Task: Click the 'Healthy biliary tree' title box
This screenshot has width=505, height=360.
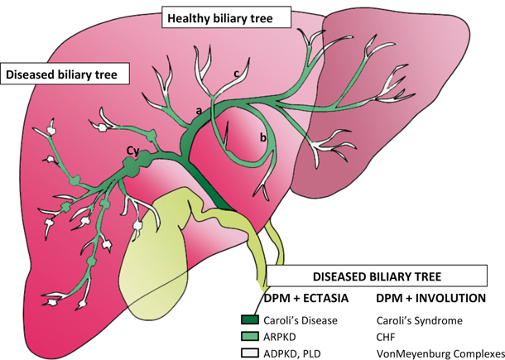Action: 219,17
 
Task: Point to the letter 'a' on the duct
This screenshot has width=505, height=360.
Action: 199,109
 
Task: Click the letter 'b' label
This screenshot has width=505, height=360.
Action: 262,139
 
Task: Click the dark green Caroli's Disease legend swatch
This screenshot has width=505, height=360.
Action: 250,319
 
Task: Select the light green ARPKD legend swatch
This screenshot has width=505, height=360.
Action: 250,336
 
